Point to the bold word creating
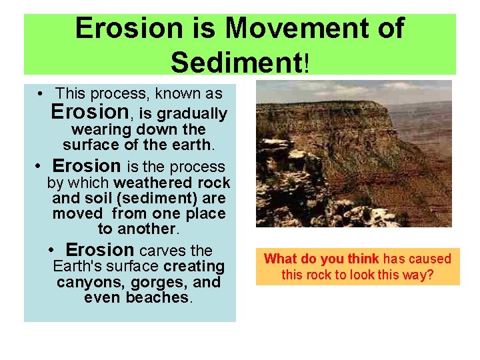(x=195, y=267)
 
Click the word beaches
(x=158, y=297)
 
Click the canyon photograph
(x=353, y=154)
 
